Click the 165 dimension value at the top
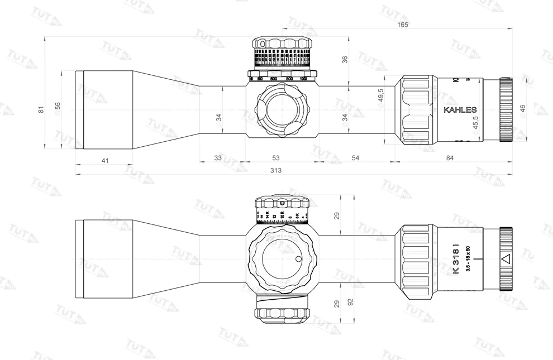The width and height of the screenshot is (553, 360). [x=403, y=25]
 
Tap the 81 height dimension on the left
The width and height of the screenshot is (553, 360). [x=41, y=110]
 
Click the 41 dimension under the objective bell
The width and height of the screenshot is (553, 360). [x=105, y=161]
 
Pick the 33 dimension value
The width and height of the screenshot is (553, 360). [x=218, y=159]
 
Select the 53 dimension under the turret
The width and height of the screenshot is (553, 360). [x=275, y=159]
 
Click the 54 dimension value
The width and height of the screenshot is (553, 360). [x=355, y=159]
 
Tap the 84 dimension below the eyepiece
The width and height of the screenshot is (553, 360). [x=450, y=159]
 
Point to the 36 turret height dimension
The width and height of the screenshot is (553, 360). [x=345, y=59]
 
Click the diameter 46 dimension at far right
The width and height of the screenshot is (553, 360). [x=522, y=109]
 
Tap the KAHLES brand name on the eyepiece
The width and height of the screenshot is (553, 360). [x=460, y=110]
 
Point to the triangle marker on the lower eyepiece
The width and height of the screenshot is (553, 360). [x=506, y=259]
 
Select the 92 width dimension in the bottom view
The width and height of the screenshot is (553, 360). [x=350, y=302]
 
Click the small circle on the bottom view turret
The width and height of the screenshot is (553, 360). [x=298, y=258]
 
